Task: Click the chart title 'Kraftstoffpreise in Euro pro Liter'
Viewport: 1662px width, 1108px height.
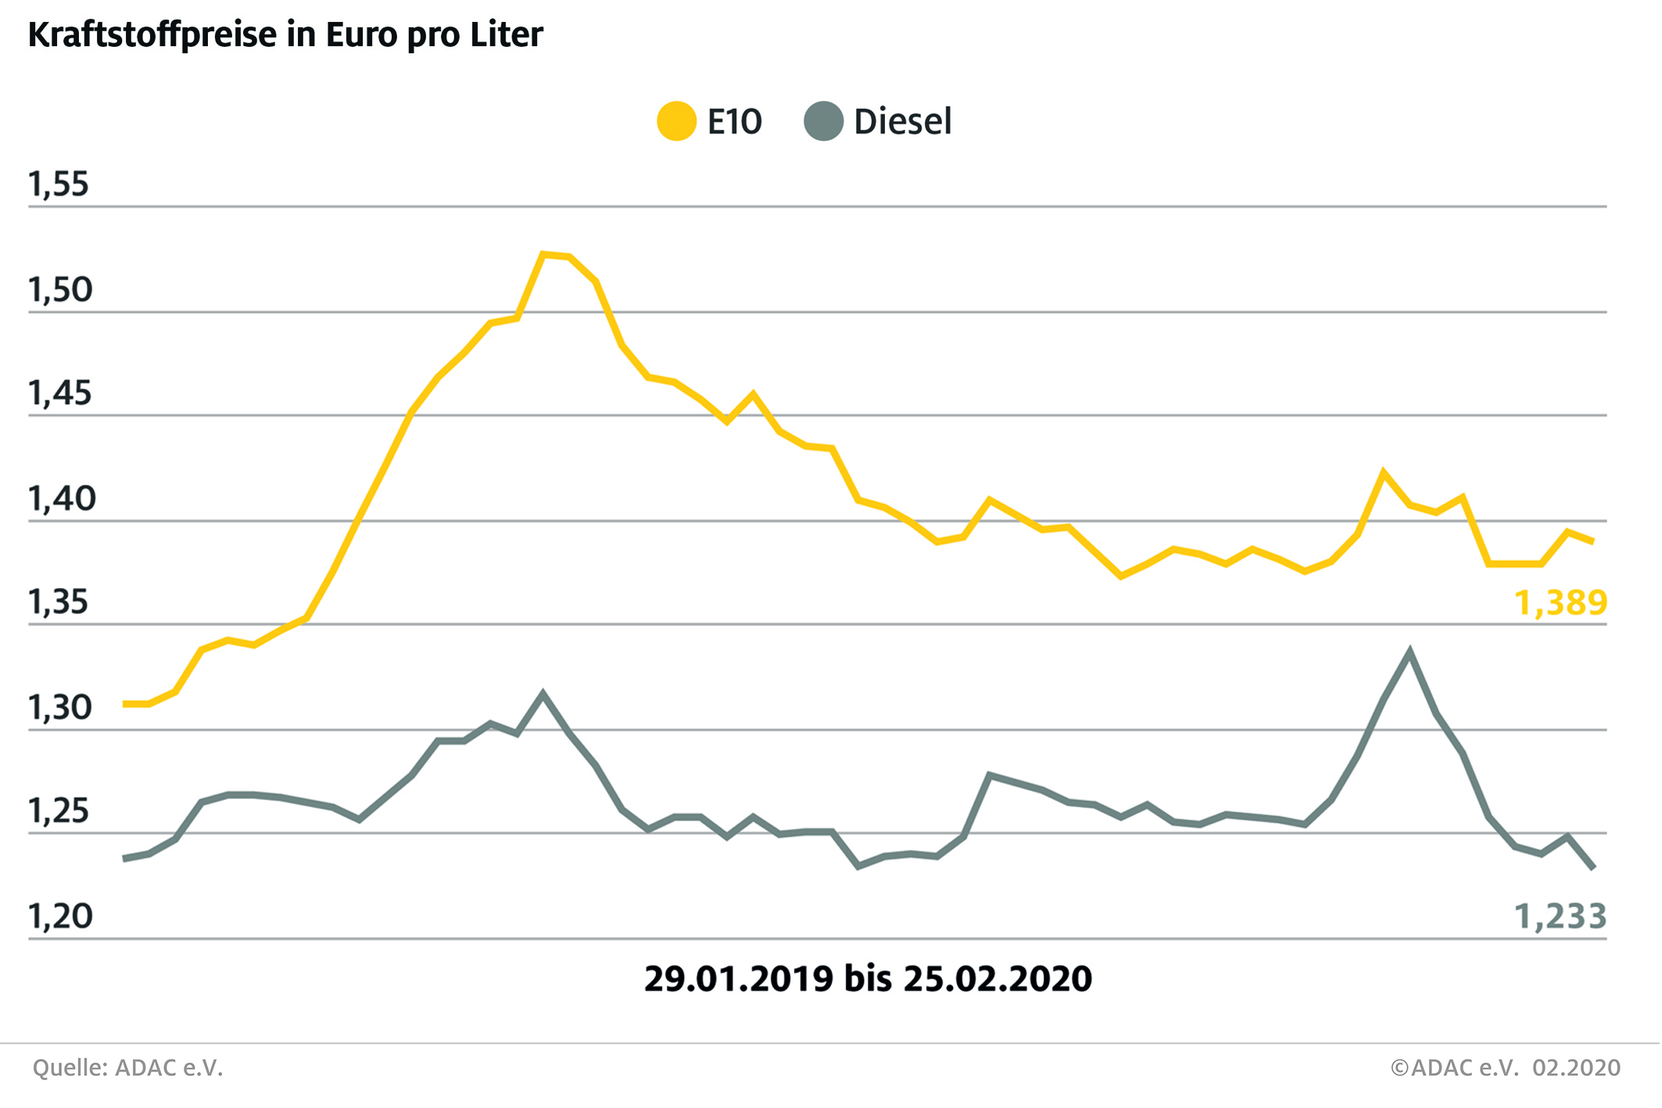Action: click(285, 35)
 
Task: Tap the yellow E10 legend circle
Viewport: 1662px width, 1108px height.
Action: click(676, 121)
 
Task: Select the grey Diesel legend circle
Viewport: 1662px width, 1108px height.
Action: click(823, 121)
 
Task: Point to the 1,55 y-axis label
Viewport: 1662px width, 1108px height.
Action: click(59, 185)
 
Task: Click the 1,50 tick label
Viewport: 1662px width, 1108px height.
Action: click(60, 290)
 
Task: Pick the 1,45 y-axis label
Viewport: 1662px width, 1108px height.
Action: click(59, 393)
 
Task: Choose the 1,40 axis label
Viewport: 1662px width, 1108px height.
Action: click(61, 499)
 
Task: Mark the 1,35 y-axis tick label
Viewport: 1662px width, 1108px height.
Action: click(58, 603)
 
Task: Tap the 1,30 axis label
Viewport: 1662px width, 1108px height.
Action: click(59, 708)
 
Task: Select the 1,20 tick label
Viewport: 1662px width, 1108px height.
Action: click(60, 916)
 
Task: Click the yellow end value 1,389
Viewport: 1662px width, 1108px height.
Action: click(1560, 603)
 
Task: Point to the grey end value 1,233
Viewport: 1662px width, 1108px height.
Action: click(1560, 916)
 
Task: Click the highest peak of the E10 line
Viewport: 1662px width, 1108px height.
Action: click(543, 254)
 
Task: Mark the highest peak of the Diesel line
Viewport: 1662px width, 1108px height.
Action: click(1409, 651)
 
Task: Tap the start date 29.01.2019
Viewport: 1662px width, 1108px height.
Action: click(739, 979)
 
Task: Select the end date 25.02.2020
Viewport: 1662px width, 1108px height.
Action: click(998, 979)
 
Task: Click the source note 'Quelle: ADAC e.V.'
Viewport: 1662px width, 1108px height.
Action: click(128, 1068)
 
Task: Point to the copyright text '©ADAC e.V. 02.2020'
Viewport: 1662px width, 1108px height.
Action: click(1505, 1068)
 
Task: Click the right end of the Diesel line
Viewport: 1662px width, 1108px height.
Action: click(1592, 868)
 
